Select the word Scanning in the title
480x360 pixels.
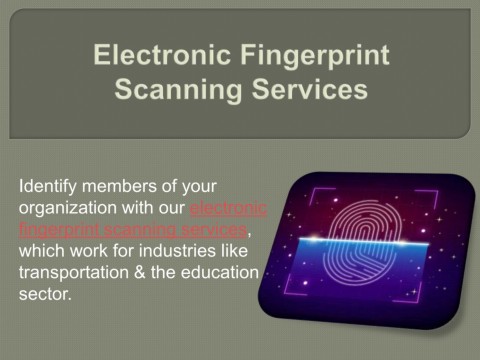coord(172,91)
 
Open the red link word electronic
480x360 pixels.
coord(228,209)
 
